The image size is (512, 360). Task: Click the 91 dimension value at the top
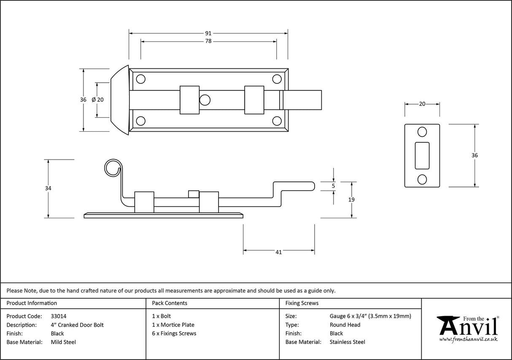pyautogui.click(x=208, y=33)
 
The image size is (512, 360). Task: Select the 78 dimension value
pyautogui.click(x=208, y=41)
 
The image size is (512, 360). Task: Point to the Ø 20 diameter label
pyautogui.click(x=97, y=100)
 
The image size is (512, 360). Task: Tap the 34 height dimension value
pyautogui.click(x=48, y=189)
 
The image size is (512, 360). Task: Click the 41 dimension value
pyautogui.click(x=278, y=252)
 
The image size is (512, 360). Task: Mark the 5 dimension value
pyautogui.click(x=334, y=186)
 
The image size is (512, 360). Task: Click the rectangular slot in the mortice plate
pyautogui.click(x=422, y=156)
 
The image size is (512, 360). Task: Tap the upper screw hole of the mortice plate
pyautogui.click(x=422, y=132)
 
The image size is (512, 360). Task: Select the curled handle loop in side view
pyautogui.click(x=112, y=168)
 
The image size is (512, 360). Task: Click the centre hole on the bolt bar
pyautogui.click(x=205, y=100)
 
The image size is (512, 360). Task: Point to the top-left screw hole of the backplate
pyautogui.click(x=140, y=79)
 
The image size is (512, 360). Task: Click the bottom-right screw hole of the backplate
pyautogui.click(x=277, y=121)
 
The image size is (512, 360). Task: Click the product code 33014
pyautogui.click(x=58, y=316)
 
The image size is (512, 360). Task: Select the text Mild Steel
pyautogui.click(x=63, y=342)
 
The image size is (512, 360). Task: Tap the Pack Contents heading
pyautogui.click(x=170, y=303)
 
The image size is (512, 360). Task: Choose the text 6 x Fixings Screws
pyautogui.click(x=174, y=333)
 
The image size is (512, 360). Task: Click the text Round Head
pyautogui.click(x=345, y=325)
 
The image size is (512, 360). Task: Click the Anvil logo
pyautogui.click(x=468, y=328)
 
